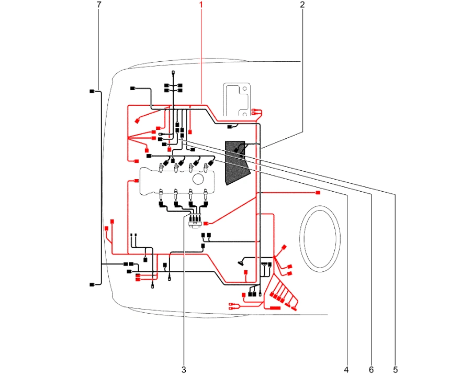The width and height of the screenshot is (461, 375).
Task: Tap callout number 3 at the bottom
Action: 184,370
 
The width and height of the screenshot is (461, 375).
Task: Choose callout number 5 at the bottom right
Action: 395,370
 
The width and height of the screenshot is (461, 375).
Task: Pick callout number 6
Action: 371,370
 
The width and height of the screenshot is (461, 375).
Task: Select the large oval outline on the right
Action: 320,237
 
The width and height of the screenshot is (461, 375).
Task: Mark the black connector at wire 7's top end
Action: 92,91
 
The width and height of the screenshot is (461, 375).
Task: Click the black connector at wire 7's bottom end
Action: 92,284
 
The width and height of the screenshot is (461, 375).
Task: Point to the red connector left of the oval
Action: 318,193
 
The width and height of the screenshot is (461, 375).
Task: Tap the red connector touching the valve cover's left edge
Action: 136,181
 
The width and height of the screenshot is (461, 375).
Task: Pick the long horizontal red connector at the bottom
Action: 275,308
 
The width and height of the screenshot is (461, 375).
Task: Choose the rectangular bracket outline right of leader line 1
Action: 238,102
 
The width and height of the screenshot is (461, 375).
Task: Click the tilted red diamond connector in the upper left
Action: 137,121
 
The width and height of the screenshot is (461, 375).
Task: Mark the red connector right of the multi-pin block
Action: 206,223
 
